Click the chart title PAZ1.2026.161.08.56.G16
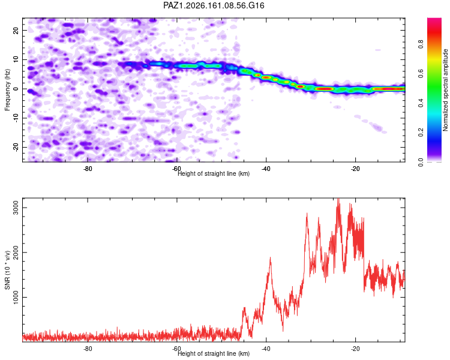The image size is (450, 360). point(214,5)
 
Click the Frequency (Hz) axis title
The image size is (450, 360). point(7,90)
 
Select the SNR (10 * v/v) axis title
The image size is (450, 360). point(7,270)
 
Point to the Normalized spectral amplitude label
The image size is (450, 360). point(445,90)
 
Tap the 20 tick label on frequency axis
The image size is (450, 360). point(16,30)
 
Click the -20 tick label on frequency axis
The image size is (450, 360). point(16,147)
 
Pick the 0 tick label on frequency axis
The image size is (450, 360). point(16,89)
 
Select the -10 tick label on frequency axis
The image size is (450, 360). point(16,118)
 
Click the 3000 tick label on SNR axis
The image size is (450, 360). point(16,207)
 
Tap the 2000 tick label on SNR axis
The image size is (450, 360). point(16,252)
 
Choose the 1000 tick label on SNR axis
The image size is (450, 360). point(16,297)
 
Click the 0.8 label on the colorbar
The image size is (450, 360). point(421,44)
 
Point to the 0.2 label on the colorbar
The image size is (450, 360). point(421,132)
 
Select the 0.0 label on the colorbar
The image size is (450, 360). point(421,162)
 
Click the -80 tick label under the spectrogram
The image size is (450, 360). point(88,169)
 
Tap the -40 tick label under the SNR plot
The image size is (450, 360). point(266,349)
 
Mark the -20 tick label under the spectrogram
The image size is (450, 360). point(355,169)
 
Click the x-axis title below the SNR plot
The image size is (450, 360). point(214,353)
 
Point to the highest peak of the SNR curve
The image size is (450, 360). point(338,199)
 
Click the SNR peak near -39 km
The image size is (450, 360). point(270,258)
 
